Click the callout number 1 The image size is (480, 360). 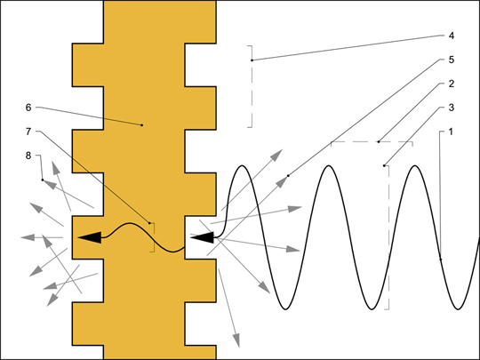[451, 132]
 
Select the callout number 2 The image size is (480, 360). [452, 84]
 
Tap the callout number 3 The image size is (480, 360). [452, 108]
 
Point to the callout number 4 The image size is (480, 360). [452, 36]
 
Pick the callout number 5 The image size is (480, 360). [452, 60]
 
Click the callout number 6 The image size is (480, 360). [28, 108]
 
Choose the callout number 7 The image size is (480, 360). [28, 132]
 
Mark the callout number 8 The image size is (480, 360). [28, 156]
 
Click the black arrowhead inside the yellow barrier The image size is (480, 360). [90, 237]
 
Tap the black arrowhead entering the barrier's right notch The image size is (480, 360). [202, 237]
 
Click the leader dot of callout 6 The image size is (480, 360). [141, 125]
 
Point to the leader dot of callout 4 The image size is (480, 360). [252, 60]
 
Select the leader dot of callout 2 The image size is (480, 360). [379, 141]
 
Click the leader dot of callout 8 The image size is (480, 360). [43, 180]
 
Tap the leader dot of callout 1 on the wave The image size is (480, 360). [441, 260]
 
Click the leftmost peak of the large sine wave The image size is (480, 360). [242, 165]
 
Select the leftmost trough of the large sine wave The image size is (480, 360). [285, 309]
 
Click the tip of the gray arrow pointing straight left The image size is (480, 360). [20, 237]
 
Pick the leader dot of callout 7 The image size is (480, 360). [149, 223]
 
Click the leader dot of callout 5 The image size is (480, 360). [288, 176]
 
